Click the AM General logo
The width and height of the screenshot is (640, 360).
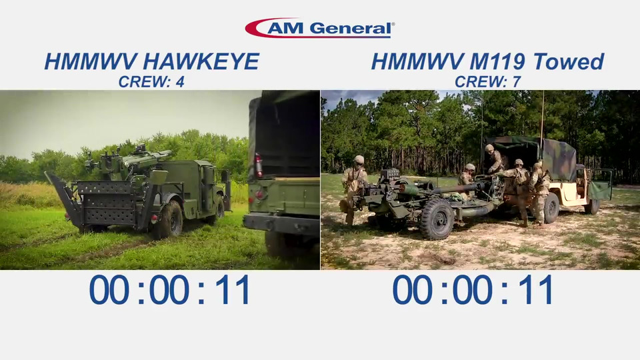320,28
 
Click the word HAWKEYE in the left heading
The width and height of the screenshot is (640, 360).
201,61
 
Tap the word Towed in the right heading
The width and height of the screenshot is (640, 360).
569,61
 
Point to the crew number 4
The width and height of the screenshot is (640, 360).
179,82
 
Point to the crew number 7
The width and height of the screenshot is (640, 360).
516,82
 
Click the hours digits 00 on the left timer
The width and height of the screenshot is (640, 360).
109,289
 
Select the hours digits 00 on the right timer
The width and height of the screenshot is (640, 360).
412,289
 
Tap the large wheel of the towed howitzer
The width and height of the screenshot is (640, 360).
437,219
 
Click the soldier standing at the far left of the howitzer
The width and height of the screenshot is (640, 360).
353,189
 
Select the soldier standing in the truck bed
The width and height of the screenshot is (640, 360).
495,159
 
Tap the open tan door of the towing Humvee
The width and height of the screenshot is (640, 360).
601,185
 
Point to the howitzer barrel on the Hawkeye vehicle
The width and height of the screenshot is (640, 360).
147,158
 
